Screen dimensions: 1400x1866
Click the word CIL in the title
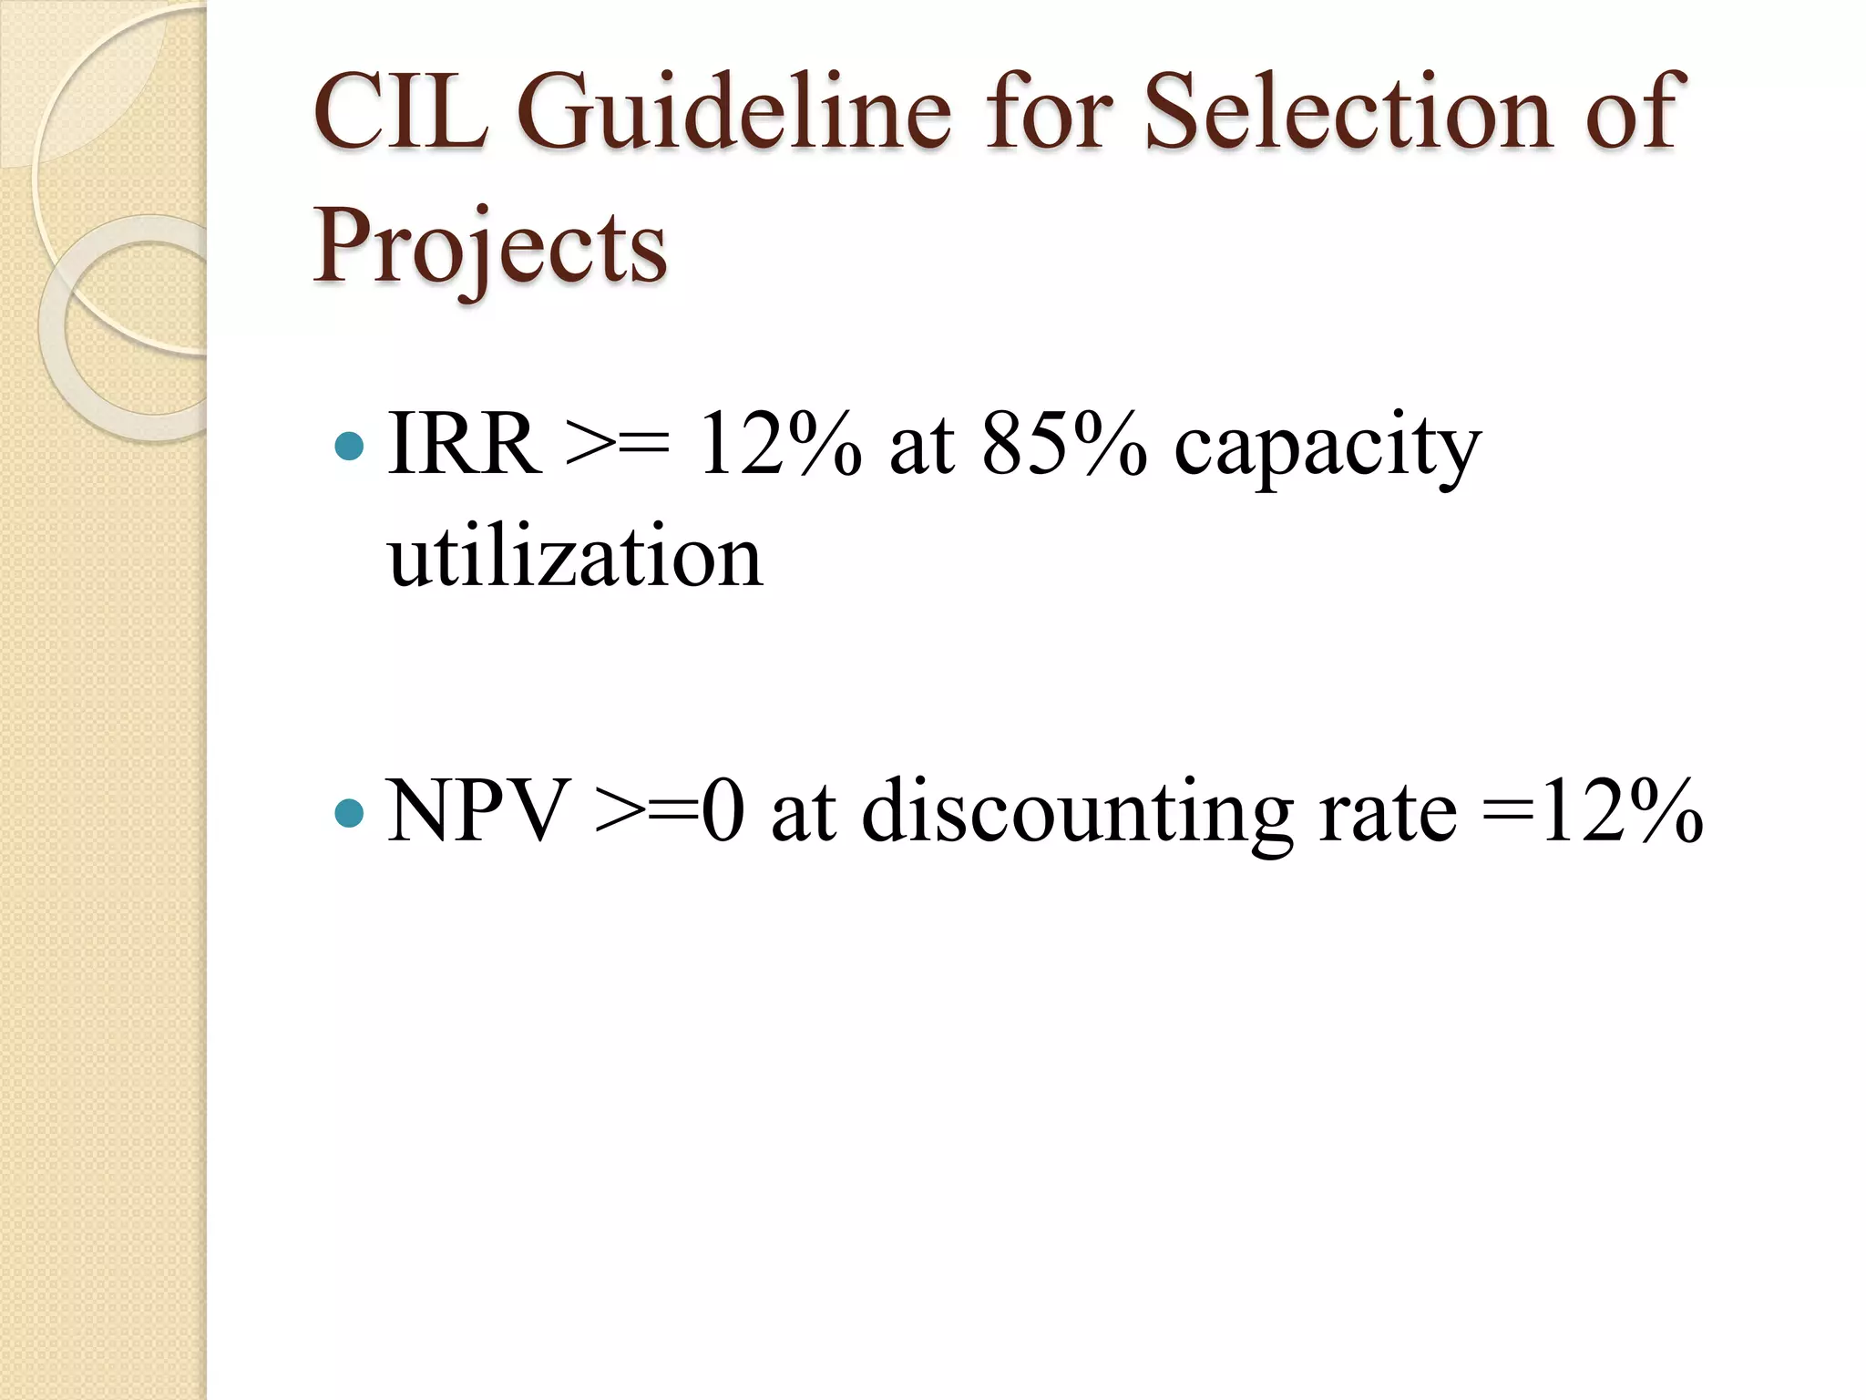coord(399,113)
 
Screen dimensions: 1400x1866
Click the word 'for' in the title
coord(1048,113)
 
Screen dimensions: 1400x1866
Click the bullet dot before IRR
coord(349,447)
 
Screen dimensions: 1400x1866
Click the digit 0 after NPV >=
coord(723,811)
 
